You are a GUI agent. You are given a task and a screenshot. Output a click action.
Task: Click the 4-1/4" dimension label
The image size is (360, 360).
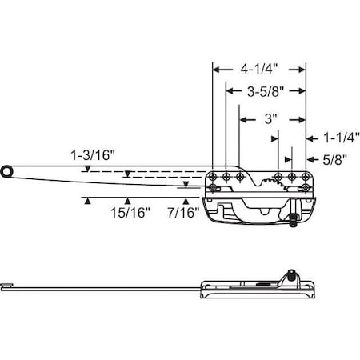tap(259, 70)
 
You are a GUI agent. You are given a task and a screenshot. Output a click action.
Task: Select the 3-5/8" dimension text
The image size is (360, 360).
tap(265, 92)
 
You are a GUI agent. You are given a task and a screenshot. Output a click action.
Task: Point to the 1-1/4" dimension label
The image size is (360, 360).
tap(342, 138)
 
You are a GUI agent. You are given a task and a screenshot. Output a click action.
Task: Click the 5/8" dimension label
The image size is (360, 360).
tap(334, 159)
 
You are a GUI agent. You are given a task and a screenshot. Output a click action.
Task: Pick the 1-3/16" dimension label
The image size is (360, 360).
tap(93, 155)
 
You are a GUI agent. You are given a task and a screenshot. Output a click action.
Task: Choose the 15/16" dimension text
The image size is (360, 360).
tap(130, 213)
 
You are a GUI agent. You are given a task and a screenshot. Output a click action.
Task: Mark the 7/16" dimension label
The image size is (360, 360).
tap(183, 213)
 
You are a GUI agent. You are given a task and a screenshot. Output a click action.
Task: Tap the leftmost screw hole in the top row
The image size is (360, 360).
tap(213, 176)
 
